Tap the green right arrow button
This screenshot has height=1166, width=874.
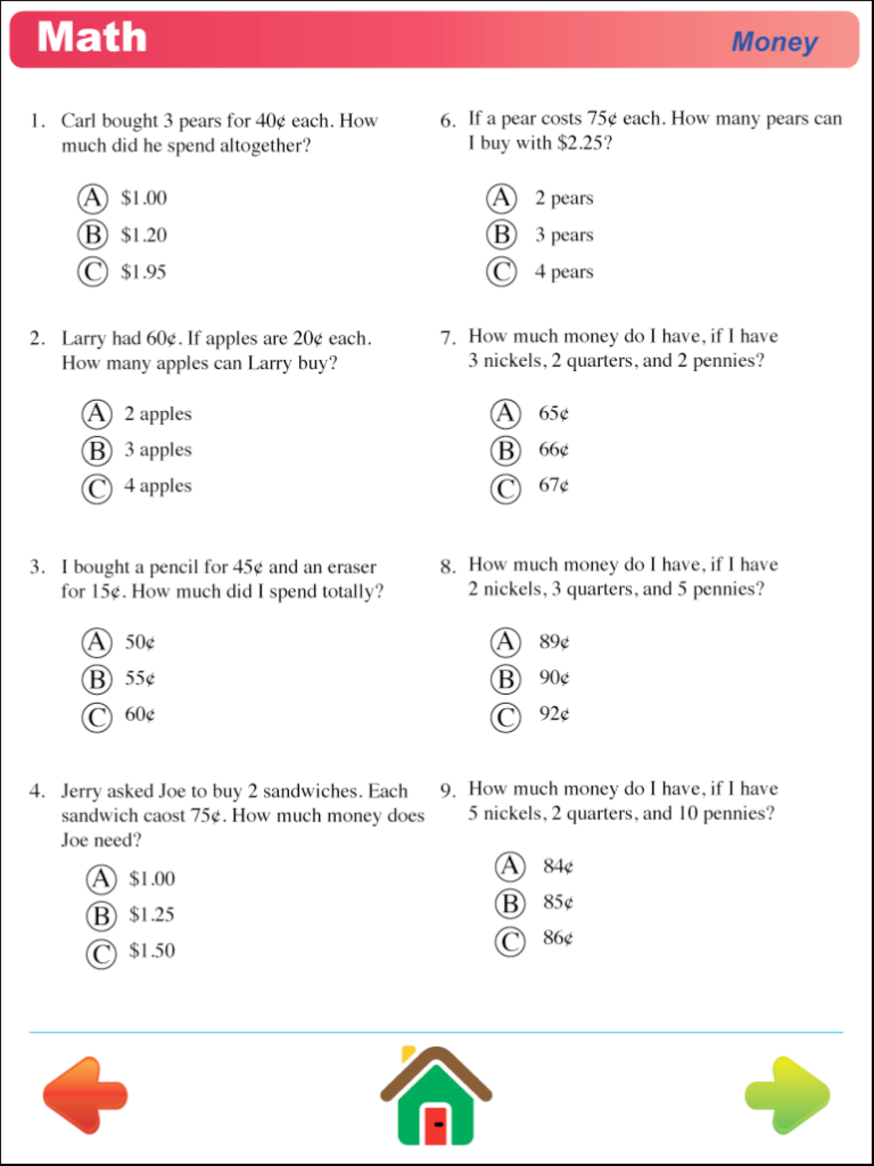coord(787,1095)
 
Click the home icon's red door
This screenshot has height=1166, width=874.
coord(436,1125)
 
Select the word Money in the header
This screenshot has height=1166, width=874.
coord(775,42)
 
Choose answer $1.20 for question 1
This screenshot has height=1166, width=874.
coord(143,235)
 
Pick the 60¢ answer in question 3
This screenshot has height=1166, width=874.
coord(140,714)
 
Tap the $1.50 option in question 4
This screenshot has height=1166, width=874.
coord(152,950)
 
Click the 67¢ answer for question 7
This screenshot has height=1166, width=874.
coord(554,485)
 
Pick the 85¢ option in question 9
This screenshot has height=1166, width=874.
coord(558,902)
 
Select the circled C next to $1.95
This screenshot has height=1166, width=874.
coord(93,272)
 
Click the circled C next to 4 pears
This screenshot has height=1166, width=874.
coord(501,272)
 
